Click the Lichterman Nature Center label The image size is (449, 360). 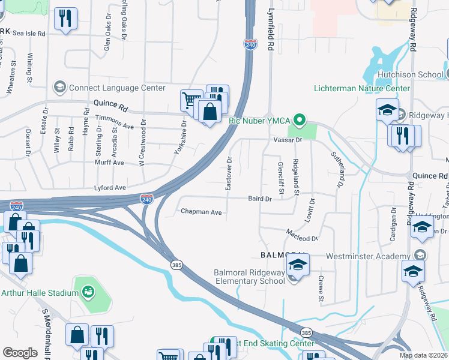click(362, 88)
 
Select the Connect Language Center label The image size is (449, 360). click(116, 88)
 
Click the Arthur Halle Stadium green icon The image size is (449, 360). click(88, 292)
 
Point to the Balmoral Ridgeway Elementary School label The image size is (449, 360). click(250, 277)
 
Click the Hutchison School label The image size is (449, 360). click(410, 75)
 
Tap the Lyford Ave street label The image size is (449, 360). click(109, 188)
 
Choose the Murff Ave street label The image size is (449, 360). click(109, 163)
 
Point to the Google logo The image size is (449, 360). click(20, 353)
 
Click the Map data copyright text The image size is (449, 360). click(423, 355)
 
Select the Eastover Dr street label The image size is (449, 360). click(229, 174)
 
